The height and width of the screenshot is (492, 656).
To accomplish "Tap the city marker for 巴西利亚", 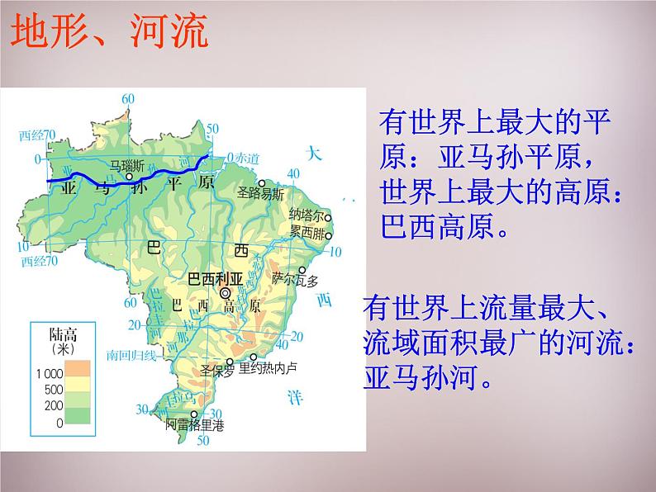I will [226, 292].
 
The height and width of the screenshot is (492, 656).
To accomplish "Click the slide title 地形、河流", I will [108, 34].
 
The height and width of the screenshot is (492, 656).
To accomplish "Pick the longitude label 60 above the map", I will [127, 99].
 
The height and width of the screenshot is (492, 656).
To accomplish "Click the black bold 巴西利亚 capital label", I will [216, 277].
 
